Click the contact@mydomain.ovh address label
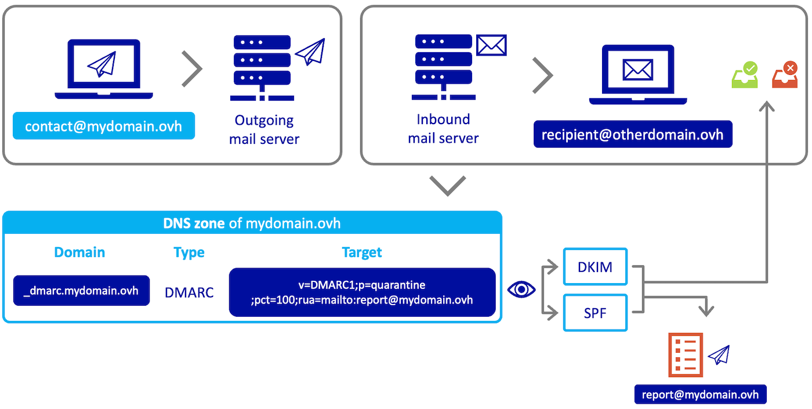pyautogui.click(x=103, y=126)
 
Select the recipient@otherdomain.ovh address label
pyautogui.click(x=632, y=135)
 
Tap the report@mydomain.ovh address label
pyautogui.click(x=700, y=394)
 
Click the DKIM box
pyautogui.click(x=595, y=267)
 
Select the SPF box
pyautogui.click(x=595, y=313)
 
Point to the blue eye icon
pyautogui.click(x=521, y=289)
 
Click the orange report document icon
pyautogui.click(x=685, y=355)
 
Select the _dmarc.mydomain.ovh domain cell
pyautogui.click(x=81, y=291)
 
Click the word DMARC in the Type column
pyautogui.click(x=189, y=292)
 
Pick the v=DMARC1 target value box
pyautogui.click(x=362, y=292)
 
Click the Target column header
pyautogui.click(x=362, y=252)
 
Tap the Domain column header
pyautogui.click(x=79, y=252)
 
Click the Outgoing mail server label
pyautogui.click(x=264, y=129)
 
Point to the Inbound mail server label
pyautogui.click(x=443, y=129)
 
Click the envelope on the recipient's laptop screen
pyautogui.click(x=637, y=70)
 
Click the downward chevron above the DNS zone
pyautogui.click(x=448, y=186)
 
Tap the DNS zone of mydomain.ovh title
pyautogui.click(x=252, y=223)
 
